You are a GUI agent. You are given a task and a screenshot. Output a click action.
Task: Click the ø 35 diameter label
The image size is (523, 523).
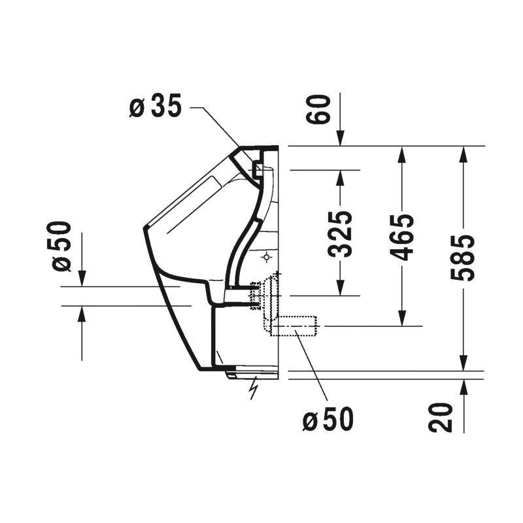click(156, 106)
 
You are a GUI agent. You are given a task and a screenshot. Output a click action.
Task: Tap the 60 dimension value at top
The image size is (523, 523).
click(318, 109)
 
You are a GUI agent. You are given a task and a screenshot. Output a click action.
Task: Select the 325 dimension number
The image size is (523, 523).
click(340, 234)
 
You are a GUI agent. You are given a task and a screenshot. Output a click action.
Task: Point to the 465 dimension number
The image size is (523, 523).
click(402, 237)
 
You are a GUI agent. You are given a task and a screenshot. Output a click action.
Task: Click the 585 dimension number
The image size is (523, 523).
click(463, 258)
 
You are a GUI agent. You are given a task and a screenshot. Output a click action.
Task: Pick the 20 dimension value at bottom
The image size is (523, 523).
click(440, 418)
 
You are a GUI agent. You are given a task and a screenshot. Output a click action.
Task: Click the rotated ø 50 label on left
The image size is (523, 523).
click(61, 246)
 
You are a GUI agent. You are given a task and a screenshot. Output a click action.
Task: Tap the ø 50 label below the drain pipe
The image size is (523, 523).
click(328, 419)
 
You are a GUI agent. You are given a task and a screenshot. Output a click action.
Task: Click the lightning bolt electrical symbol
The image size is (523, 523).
click(254, 388)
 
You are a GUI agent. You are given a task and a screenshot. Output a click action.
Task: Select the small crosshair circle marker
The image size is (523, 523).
click(267, 258)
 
